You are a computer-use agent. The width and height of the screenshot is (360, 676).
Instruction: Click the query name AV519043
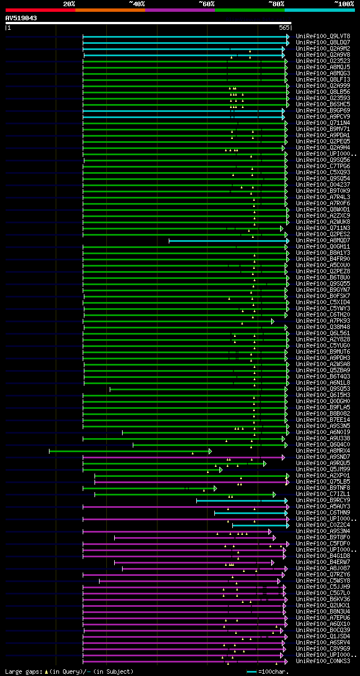coord(21,18)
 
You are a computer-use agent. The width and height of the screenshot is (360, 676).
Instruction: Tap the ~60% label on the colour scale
coord(206,3)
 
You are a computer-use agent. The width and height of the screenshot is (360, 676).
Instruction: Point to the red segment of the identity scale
coord(40,10)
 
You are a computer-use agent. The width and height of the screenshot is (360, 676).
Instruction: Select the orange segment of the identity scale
coord(110,10)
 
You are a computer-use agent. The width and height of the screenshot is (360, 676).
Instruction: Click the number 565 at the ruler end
coord(284,27)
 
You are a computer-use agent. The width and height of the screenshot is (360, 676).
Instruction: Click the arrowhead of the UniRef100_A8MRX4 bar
coord(210,451)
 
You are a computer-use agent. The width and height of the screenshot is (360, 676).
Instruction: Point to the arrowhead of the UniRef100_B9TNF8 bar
coord(215,488)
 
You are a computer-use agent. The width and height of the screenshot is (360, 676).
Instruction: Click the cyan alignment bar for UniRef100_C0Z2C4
coord(259,525)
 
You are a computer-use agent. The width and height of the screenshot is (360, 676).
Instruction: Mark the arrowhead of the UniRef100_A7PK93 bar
coord(273,321)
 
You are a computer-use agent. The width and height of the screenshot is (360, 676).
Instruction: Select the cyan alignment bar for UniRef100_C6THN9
coord(251,513)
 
